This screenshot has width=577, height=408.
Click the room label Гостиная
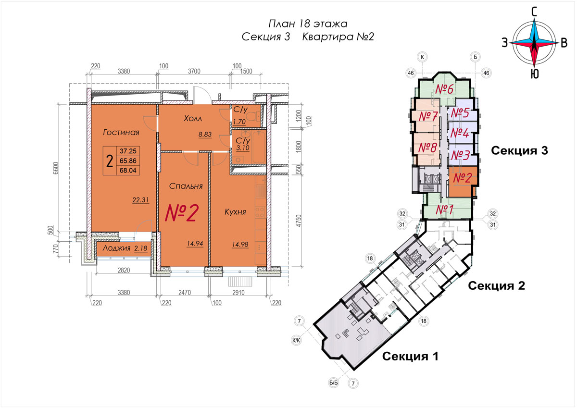click(121, 132)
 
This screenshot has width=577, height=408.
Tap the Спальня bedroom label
click(186, 186)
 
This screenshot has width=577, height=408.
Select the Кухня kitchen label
click(235, 212)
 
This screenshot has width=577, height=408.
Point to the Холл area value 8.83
click(205, 135)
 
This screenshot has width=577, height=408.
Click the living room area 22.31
click(140, 200)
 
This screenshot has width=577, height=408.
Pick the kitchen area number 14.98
click(240, 244)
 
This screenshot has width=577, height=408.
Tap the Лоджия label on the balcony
click(116, 248)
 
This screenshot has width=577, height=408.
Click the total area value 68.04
click(128, 171)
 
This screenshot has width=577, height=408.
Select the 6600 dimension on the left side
click(56, 168)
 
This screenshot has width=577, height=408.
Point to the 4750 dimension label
click(298, 221)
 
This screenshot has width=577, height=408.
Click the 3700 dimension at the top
click(194, 71)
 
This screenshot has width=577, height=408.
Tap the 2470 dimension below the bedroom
click(185, 292)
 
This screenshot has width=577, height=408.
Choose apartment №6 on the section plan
click(444, 89)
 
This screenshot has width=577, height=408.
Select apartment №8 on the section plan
click(427, 148)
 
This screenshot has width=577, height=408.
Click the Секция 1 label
click(410, 356)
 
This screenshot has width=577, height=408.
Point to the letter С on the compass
click(534, 12)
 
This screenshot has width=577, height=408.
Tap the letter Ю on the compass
click(535, 74)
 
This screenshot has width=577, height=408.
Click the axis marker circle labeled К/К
click(296, 341)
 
